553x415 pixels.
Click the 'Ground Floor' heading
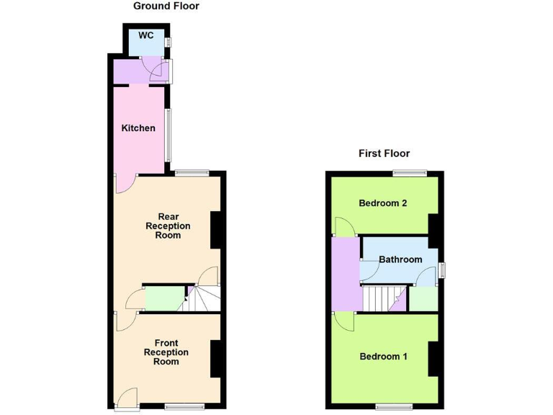[x=166, y=6]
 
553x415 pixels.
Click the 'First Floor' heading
[x=384, y=153]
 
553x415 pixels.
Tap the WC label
[x=146, y=35]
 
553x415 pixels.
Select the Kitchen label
[x=138, y=128]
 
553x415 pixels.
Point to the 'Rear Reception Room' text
[x=168, y=226]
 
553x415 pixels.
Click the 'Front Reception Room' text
[x=166, y=352]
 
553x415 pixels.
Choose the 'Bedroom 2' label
[x=383, y=203]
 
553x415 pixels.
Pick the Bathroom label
[x=400, y=259]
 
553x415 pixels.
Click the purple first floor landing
[x=346, y=274]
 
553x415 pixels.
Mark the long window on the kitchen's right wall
[x=169, y=135]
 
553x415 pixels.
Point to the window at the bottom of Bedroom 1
[x=394, y=407]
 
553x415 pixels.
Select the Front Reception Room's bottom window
[x=184, y=407]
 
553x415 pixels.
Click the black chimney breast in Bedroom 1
[x=433, y=358]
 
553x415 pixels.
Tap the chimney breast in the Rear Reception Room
[x=215, y=231]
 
